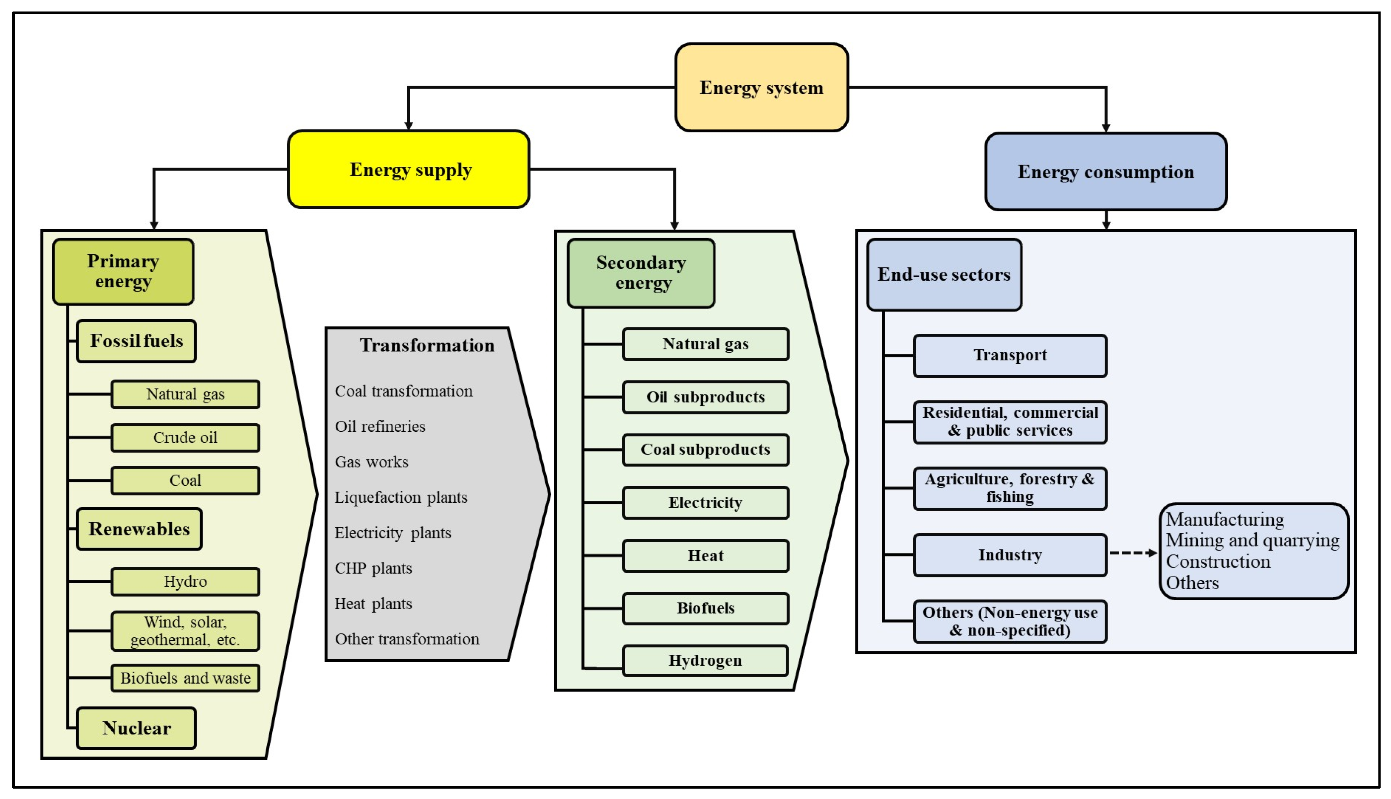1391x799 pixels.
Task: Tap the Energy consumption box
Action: [x=1105, y=171]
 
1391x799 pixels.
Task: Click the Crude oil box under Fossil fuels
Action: [x=185, y=438]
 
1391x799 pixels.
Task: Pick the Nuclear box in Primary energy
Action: [x=136, y=728]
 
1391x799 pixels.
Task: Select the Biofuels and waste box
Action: [x=185, y=678]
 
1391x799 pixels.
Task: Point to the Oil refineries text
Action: [x=380, y=426]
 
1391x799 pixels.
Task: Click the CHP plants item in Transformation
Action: [x=373, y=568]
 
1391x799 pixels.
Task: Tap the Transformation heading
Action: [x=427, y=345]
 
